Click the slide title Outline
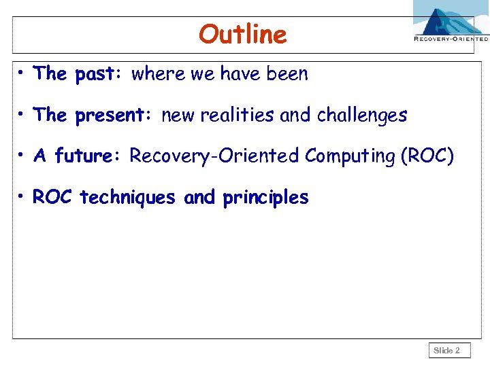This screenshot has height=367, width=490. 243,34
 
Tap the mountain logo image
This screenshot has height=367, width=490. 451,17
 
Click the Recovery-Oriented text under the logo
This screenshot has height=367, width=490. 451,39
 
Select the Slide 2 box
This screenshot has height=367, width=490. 447,351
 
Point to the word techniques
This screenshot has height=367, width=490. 129,198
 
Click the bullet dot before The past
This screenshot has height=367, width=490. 22,73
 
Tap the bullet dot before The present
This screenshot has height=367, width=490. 22,114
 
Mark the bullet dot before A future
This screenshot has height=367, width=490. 22,155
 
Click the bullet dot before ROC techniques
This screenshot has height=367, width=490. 22,196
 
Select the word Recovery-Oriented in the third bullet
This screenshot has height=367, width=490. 215,156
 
